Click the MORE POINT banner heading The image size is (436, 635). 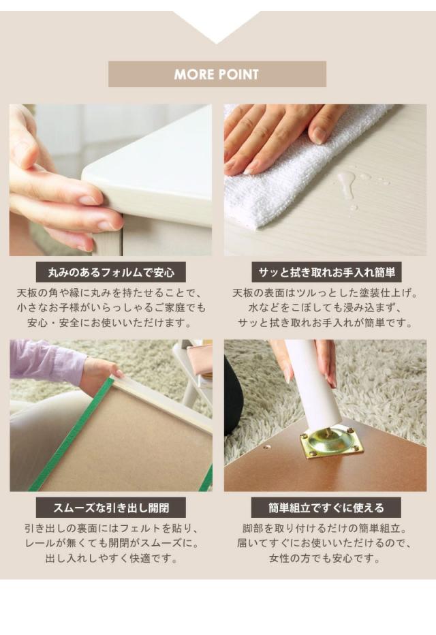pyautogui.click(x=217, y=74)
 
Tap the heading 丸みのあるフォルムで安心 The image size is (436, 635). pyautogui.click(x=111, y=272)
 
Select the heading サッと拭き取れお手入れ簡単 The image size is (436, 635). pyautogui.click(x=326, y=272)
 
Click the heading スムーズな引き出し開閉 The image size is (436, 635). pyautogui.click(x=111, y=508)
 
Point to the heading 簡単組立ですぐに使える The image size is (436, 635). pyautogui.click(x=326, y=508)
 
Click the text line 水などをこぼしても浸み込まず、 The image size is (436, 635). pyautogui.click(x=326, y=308)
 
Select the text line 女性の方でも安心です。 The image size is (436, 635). pyautogui.click(x=326, y=559)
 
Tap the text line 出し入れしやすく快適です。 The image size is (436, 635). pyautogui.click(x=112, y=559)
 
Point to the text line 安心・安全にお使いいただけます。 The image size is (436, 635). pyautogui.click(x=110, y=323)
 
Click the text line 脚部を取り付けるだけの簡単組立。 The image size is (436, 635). pyautogui.click(x=326, y=529)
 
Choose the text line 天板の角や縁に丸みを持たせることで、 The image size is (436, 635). pyautogui.click(x=110, y=293)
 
